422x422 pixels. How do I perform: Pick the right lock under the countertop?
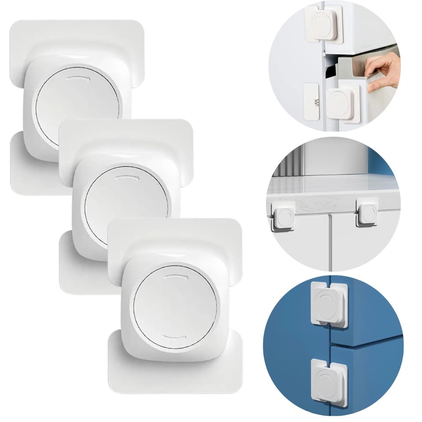click(367, 211)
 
